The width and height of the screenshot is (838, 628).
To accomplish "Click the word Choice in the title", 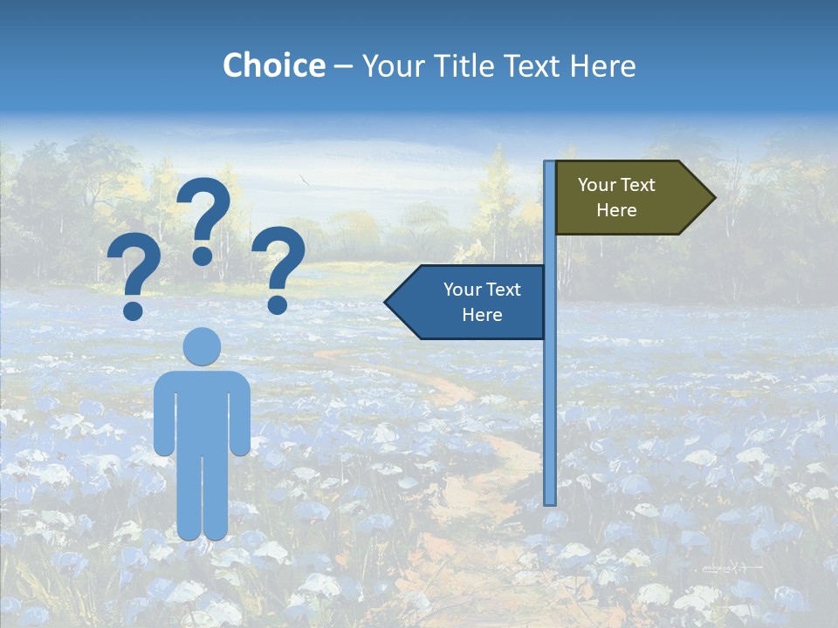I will coord(273,65).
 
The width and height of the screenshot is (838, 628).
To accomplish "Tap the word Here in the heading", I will coord(602,65).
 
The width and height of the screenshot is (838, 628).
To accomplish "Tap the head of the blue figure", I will coord(203,346).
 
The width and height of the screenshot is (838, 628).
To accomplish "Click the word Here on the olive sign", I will coord(616,210).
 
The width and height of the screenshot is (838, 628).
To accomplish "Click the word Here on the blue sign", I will coord(482,315).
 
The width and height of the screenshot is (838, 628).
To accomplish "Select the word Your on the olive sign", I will coord(596,185).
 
